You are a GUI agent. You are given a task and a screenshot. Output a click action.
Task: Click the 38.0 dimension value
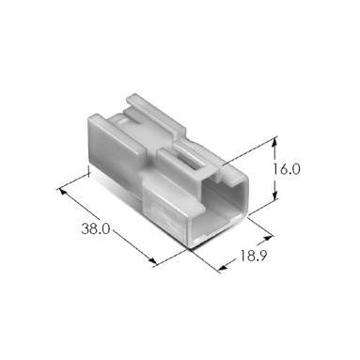point(92,227)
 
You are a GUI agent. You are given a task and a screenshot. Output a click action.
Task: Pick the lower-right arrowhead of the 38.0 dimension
point(160,261)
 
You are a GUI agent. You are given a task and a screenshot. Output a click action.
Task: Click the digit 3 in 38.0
point(82,227)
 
